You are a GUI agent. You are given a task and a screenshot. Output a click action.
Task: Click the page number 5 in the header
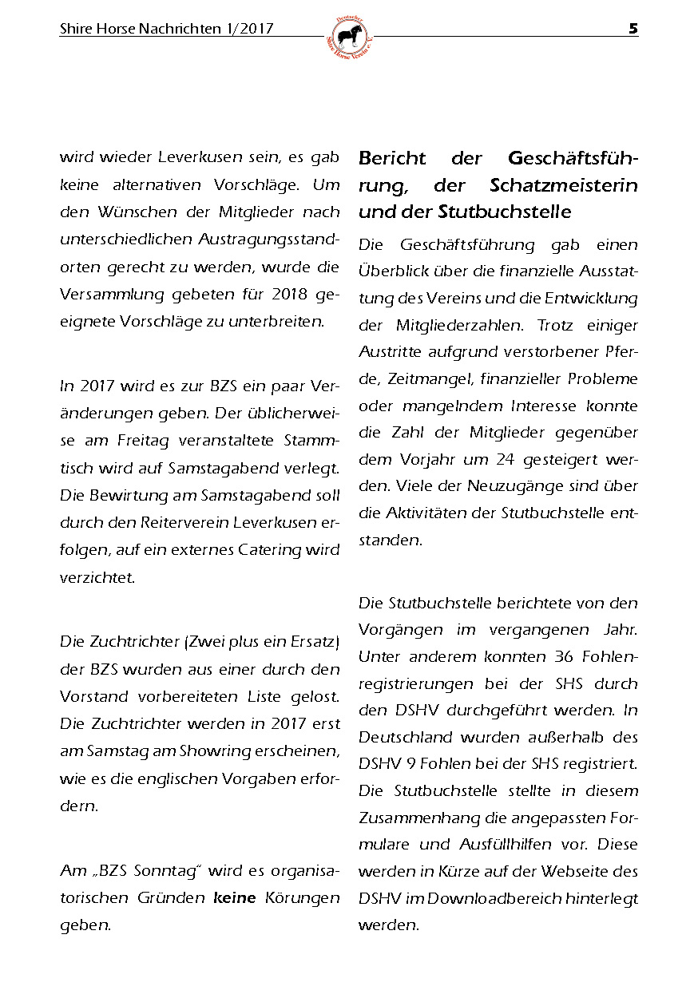pos(633,29)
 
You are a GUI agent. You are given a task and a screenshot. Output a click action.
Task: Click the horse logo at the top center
pos(349,36)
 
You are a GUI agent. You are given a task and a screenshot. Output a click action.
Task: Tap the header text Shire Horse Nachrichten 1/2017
pos(166,30)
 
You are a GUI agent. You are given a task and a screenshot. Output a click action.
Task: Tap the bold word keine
pos(235,898)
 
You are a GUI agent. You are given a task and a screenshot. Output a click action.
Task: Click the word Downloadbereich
pos(484,898)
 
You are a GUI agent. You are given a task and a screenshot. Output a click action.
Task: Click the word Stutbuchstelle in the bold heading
pos(505,212)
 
